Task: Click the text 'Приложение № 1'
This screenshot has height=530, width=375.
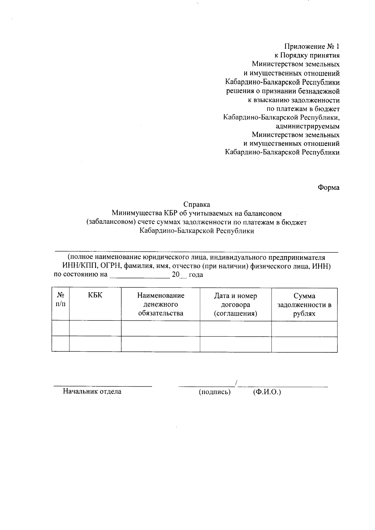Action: (x=312, y=47)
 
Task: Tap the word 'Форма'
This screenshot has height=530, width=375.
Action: (x=328, y=188)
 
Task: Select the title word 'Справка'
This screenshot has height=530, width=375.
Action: (x=197, y=205)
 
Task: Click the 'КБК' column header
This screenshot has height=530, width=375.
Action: (x=95, y=295)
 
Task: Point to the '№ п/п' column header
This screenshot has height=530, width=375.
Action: (x=61, y=300)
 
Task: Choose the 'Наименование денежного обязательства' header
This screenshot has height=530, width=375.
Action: (x=161, y=304)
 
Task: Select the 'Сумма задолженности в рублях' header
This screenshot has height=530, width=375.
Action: (x=304, y=304)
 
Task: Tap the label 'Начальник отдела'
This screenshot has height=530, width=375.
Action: (x=92, y=391)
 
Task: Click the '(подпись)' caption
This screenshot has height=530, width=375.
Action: (x=215, y=392)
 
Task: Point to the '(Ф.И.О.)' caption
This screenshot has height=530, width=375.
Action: (x=267, y=392)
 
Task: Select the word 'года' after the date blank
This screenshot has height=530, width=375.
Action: (x=196, y=275)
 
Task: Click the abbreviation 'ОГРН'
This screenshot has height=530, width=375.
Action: (x=109, y=266)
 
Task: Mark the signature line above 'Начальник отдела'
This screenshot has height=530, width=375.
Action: (x=103, y=386)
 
